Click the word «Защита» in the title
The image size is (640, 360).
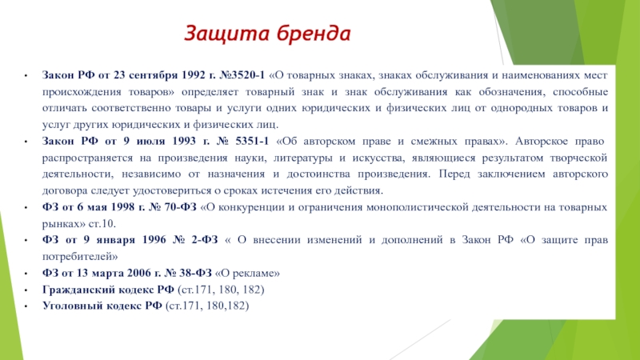coord(224,34)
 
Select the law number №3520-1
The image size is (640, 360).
coord(242,75)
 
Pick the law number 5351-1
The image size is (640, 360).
coord(252,141)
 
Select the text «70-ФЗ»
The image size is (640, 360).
coord(181,207)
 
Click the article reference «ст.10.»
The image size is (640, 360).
coord(102,224)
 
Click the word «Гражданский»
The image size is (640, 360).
coord(78,290)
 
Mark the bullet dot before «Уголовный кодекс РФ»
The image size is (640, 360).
coord(26,306)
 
